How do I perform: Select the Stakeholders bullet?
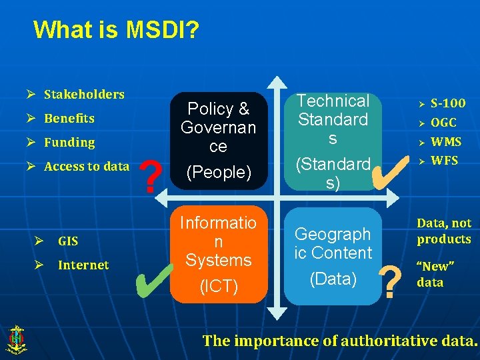(84, 94)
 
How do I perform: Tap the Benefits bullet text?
(69, 118)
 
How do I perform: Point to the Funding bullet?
(69, 142)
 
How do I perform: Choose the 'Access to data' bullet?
(87, 166)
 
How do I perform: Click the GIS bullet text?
(68, 241)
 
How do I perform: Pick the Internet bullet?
(83, 265)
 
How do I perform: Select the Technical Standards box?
(333, 141)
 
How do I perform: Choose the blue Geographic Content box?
(333, 256)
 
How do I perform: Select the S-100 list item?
(448, 103)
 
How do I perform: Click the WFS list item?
(444, 160)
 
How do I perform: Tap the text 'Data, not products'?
(444, 231)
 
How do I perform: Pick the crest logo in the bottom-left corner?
(15, 339)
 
